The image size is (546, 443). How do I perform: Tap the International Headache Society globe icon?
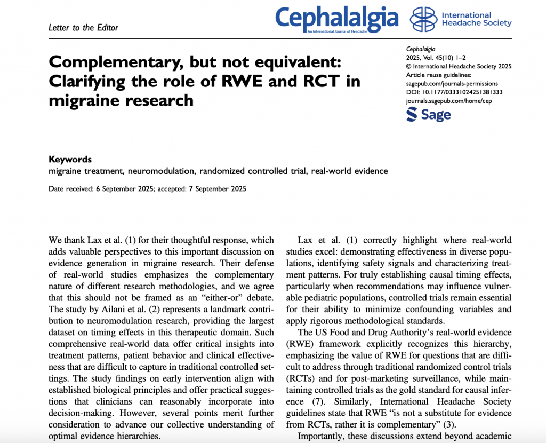[x=423, y=19]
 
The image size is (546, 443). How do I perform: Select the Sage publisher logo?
[x=428, y=114]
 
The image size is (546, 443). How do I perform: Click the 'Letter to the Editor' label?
[x=83, y=28]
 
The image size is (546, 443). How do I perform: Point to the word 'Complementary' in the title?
[x=112, y=62]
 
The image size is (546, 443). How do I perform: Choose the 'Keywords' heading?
[x=70, y=159]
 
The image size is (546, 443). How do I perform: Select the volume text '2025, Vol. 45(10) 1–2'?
[x=437, y=58]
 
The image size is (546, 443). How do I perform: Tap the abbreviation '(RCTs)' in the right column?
[x=302, y=378]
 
